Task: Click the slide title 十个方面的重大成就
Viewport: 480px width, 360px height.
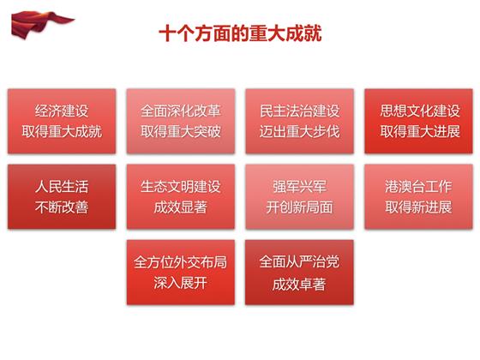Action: [240, 33]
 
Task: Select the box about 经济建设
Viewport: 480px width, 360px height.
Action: [62, 121]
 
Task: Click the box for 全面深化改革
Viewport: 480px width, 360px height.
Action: [181, 121]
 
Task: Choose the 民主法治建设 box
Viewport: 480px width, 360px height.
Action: [299, 121]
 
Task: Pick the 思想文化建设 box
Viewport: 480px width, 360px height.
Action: [418, 121]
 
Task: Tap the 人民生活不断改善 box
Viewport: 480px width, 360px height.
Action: [62, 196]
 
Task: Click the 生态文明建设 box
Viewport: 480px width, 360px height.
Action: [181, 196]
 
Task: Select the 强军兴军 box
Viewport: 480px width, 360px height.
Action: [299, 196]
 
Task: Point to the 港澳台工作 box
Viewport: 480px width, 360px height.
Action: [418, 196]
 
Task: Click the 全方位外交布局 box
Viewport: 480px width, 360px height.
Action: [181, 273]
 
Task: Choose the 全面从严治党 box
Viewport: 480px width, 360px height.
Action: [299, 273]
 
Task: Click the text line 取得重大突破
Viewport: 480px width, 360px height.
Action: [181, 132]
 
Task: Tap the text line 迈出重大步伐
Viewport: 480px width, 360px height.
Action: [299, 132]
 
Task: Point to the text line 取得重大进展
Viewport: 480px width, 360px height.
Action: [420, 132]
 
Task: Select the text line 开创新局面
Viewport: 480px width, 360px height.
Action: [299, 207]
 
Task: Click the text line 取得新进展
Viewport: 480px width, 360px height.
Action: [418, 207]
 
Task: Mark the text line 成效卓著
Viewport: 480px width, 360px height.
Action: [299, 285]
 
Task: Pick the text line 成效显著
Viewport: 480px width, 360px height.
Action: [181, 207]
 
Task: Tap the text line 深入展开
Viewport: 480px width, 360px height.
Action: [181, 283]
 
